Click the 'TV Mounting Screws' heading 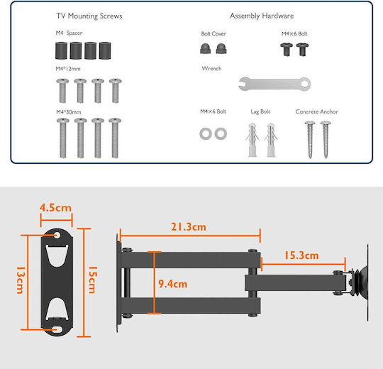point(89,16)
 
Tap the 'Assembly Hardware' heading point(262,16)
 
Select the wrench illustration point(274,84)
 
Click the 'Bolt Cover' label point(213,34)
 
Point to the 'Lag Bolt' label point(260,111)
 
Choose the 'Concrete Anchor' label point(316,111)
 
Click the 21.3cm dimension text point(189,227)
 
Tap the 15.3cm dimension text point(301,255)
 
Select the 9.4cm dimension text point(172,284)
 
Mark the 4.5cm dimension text point(56,208)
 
